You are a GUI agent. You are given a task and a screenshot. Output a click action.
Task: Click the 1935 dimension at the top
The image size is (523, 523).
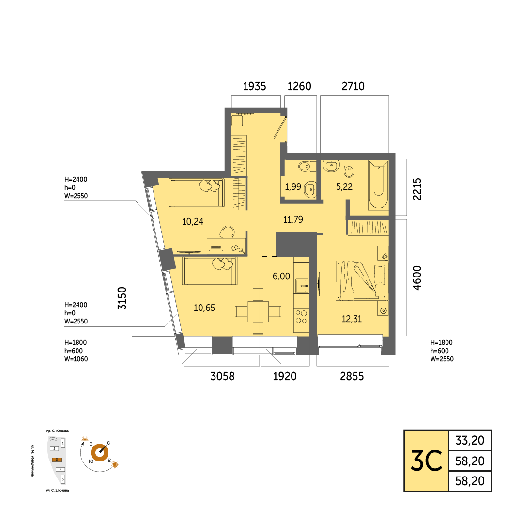pos(255,86)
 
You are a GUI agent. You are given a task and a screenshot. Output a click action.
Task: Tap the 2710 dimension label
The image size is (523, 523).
pos(353,86)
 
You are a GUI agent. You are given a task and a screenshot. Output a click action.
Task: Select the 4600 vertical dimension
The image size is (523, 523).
pos(417,278)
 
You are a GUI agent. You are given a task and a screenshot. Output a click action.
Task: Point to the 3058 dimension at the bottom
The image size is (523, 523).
pos(222,376)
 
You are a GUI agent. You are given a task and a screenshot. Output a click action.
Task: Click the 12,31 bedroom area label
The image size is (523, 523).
pos(352,319)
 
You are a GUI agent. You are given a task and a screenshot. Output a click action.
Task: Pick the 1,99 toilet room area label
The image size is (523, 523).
pos(293,187)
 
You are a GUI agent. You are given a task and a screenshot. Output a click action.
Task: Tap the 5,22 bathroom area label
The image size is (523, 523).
pos(344,187)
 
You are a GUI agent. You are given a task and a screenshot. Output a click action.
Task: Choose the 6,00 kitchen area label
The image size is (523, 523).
pos(281,276)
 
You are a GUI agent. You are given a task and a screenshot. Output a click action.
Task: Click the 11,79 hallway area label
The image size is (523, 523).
pos(293,219)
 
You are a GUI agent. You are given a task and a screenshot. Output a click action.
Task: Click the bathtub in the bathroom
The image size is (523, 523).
pos(378,185)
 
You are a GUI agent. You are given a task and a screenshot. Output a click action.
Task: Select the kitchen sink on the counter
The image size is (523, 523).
pos(302,286)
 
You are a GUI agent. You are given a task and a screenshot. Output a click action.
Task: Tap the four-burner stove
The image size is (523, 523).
pos(301,317)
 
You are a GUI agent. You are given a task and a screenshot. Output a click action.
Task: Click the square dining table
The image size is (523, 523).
pos(258,311)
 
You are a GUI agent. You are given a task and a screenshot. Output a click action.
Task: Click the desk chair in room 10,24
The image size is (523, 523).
pos(227,232)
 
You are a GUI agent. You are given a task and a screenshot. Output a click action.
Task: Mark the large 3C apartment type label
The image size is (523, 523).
pos(426,461)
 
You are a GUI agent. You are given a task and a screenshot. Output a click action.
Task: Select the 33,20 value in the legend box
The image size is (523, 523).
pos(470,441)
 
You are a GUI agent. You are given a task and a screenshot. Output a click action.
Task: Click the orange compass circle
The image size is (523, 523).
pos(100,453)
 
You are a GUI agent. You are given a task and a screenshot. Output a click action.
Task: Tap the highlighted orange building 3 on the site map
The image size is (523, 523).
pos(57,460)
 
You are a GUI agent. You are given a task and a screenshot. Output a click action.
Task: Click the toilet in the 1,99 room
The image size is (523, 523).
pos(306,166)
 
